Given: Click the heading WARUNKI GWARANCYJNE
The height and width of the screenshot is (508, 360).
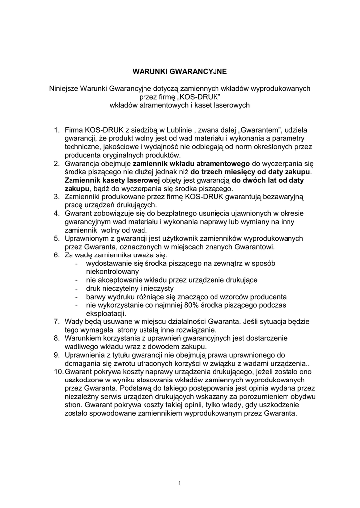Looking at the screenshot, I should [x=180, y=71].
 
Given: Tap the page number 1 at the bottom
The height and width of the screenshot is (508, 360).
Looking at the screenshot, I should [x=180, y=483].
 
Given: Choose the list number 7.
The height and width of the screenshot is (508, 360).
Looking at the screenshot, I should [x=57, y=321].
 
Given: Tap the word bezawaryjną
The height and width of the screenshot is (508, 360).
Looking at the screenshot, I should [x=274, y=197].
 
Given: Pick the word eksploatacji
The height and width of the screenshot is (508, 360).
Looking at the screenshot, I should [x=106, y=313].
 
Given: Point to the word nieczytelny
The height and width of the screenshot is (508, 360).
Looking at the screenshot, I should [x=119, y=288].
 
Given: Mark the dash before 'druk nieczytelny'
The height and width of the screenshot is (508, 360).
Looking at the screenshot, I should [x=76, y=288].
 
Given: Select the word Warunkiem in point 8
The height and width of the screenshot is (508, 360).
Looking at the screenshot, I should [x=83, y=338].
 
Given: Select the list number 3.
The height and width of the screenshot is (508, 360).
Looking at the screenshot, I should [x=57, y=197].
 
